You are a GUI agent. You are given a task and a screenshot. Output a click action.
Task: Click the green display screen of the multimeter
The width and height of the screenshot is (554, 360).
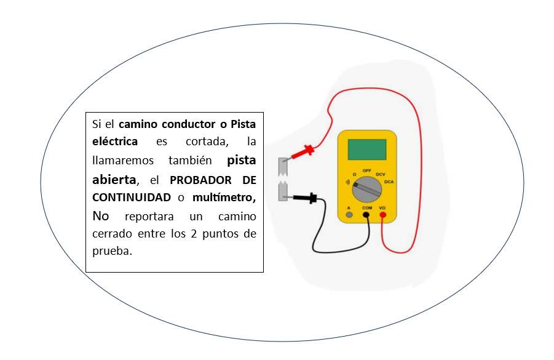366,150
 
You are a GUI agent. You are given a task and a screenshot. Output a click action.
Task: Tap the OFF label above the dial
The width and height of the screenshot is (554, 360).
366,170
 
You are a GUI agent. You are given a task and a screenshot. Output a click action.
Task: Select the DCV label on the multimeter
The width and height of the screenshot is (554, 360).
380,175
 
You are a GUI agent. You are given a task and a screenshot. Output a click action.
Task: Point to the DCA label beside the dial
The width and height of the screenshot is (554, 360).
389,182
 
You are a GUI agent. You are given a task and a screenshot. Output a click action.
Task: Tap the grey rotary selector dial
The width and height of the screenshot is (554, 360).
366,190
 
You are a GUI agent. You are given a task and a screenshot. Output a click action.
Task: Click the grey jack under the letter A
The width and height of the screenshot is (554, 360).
349,215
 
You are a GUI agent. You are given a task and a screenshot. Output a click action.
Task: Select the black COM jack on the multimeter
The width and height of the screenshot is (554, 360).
366,215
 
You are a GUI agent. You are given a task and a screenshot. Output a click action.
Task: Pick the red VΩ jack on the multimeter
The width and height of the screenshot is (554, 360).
382,215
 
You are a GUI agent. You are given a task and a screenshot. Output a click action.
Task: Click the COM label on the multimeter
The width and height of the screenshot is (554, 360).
366,208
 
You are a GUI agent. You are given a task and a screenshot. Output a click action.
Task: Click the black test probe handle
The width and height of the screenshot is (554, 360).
305,198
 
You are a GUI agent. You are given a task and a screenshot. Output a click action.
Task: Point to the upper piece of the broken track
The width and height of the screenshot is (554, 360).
283,167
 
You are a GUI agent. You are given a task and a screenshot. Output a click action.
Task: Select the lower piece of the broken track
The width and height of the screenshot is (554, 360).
283,191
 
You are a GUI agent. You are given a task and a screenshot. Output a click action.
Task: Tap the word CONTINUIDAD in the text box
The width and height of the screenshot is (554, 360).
132,198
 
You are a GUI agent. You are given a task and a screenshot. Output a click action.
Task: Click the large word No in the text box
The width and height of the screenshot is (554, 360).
101,216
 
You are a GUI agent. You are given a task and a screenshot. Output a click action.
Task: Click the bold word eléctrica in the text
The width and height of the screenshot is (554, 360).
115,141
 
